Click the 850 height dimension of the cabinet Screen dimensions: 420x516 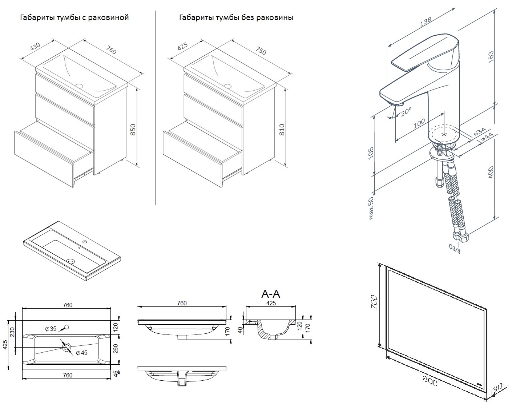133,130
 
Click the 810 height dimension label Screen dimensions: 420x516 282,130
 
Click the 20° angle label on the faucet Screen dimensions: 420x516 406,111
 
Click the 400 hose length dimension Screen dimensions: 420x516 491,172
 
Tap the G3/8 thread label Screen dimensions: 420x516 455,249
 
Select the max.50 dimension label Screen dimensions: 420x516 371,208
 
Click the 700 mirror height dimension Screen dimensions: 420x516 375,302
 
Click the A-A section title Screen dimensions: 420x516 271,294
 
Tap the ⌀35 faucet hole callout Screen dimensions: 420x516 51,329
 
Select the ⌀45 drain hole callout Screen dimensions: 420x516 82,353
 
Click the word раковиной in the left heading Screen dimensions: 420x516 110,17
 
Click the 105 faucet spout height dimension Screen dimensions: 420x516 371,153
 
